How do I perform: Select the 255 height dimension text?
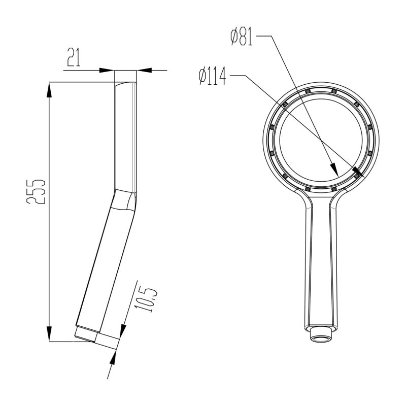click(x=37, y=191)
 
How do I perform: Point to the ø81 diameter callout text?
click(x=242, y=37)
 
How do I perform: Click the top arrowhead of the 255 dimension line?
click(x=49, y=89)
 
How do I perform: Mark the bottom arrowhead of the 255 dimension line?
click(x=49, y=334)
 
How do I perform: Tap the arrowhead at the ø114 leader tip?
click(x=357, y=173)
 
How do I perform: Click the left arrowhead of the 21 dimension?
click(x=108, y=70)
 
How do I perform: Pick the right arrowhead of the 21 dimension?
click(x=143, y=70)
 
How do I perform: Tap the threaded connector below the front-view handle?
click(x=322, y=335)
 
